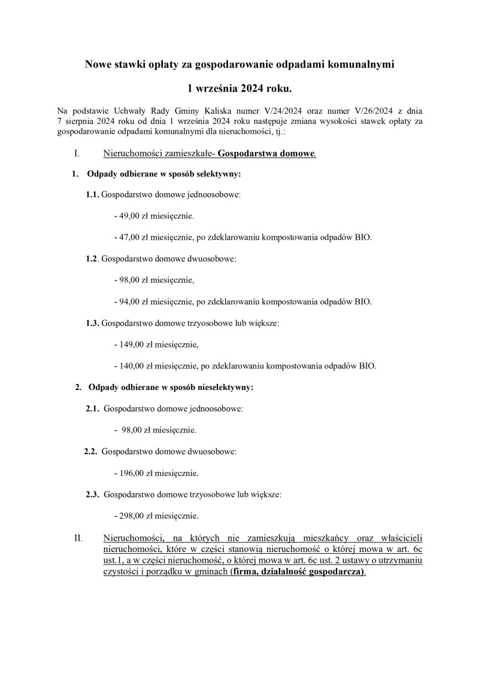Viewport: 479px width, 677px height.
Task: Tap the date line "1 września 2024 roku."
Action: tap(239, 89)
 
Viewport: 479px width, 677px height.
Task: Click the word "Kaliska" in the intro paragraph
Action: tap(197, 111)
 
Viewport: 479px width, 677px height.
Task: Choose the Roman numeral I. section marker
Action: tap(77, 154)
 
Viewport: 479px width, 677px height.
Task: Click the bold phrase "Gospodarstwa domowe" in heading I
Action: tap(266, 154)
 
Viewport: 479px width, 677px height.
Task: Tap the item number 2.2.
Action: tap(91, 452)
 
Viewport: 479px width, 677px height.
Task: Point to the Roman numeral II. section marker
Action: tap(78, 538)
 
